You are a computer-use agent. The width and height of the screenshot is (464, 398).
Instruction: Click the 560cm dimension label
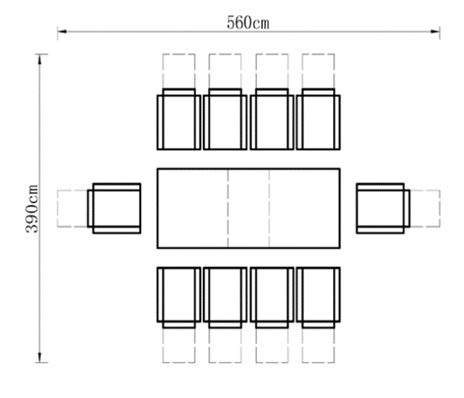248,23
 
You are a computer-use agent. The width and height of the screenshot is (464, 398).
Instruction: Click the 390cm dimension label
32,209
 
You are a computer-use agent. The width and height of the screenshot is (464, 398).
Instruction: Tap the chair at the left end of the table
114,208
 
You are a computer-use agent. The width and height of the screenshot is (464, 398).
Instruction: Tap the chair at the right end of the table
383,208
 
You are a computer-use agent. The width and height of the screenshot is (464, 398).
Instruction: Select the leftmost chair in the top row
179,119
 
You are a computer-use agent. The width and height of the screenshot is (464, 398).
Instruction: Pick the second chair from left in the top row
225,119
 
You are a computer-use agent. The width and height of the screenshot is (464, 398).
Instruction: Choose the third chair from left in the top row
272,119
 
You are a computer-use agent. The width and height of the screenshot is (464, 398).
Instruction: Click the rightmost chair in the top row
318,119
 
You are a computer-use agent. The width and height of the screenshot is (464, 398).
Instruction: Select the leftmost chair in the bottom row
179,297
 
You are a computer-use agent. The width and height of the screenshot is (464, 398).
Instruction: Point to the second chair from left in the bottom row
225,297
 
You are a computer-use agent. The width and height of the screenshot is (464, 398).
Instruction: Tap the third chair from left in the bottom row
272,297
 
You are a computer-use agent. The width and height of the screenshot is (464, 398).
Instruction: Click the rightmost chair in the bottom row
318,297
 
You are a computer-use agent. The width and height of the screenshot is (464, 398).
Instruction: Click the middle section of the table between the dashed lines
248,208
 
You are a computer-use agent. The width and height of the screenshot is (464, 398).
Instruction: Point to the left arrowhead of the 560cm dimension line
62,31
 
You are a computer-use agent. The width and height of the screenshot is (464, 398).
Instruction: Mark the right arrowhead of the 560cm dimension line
435,31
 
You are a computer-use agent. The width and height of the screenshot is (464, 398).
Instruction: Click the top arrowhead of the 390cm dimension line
40,59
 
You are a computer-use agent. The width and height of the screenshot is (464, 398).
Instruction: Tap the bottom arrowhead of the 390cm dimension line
40,358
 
